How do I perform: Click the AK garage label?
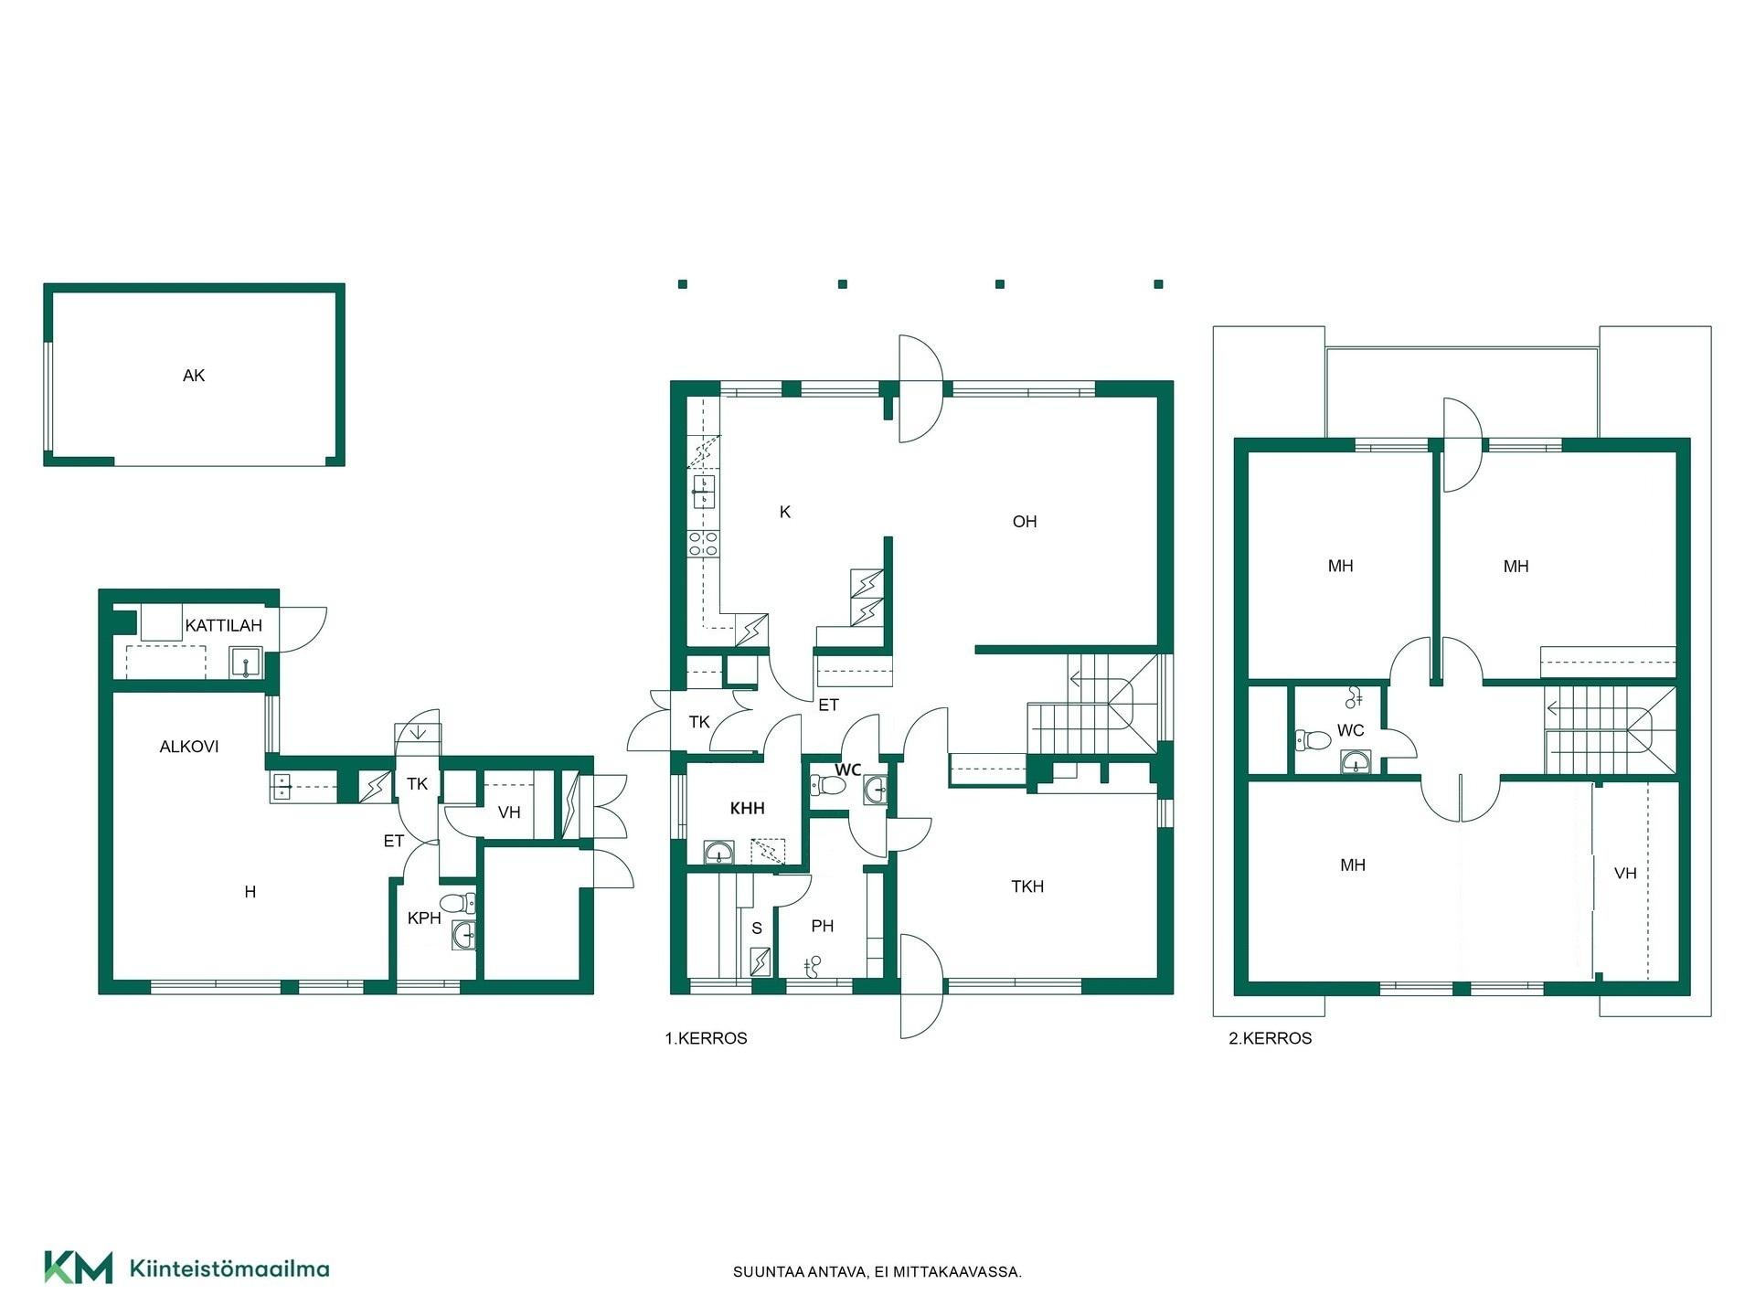point(194,376)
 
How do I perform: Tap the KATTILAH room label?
point(224,626)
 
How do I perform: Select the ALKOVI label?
point(189,747)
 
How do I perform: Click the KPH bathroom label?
point(424,918)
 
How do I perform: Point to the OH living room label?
point(1025,522)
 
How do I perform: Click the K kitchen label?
point(785,513)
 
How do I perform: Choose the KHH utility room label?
point(747,809)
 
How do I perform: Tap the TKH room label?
point(1027,886)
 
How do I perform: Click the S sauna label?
point(757,929)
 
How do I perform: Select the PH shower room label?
point(823,927)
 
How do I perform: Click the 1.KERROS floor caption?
point(706,1038)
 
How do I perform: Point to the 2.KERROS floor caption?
point(1271,1038)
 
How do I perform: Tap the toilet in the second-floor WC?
point(1313,739)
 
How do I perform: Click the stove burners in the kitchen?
point(703,544)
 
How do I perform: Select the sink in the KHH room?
point(718,853)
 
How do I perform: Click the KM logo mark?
point(79,1268)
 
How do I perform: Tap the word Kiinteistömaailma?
point(229,1268)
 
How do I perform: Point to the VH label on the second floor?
point(1625,874)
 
